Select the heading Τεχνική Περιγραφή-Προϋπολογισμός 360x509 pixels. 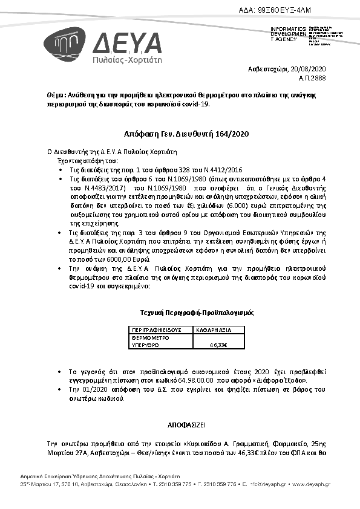pyautogui.click(x=193, y=314)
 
